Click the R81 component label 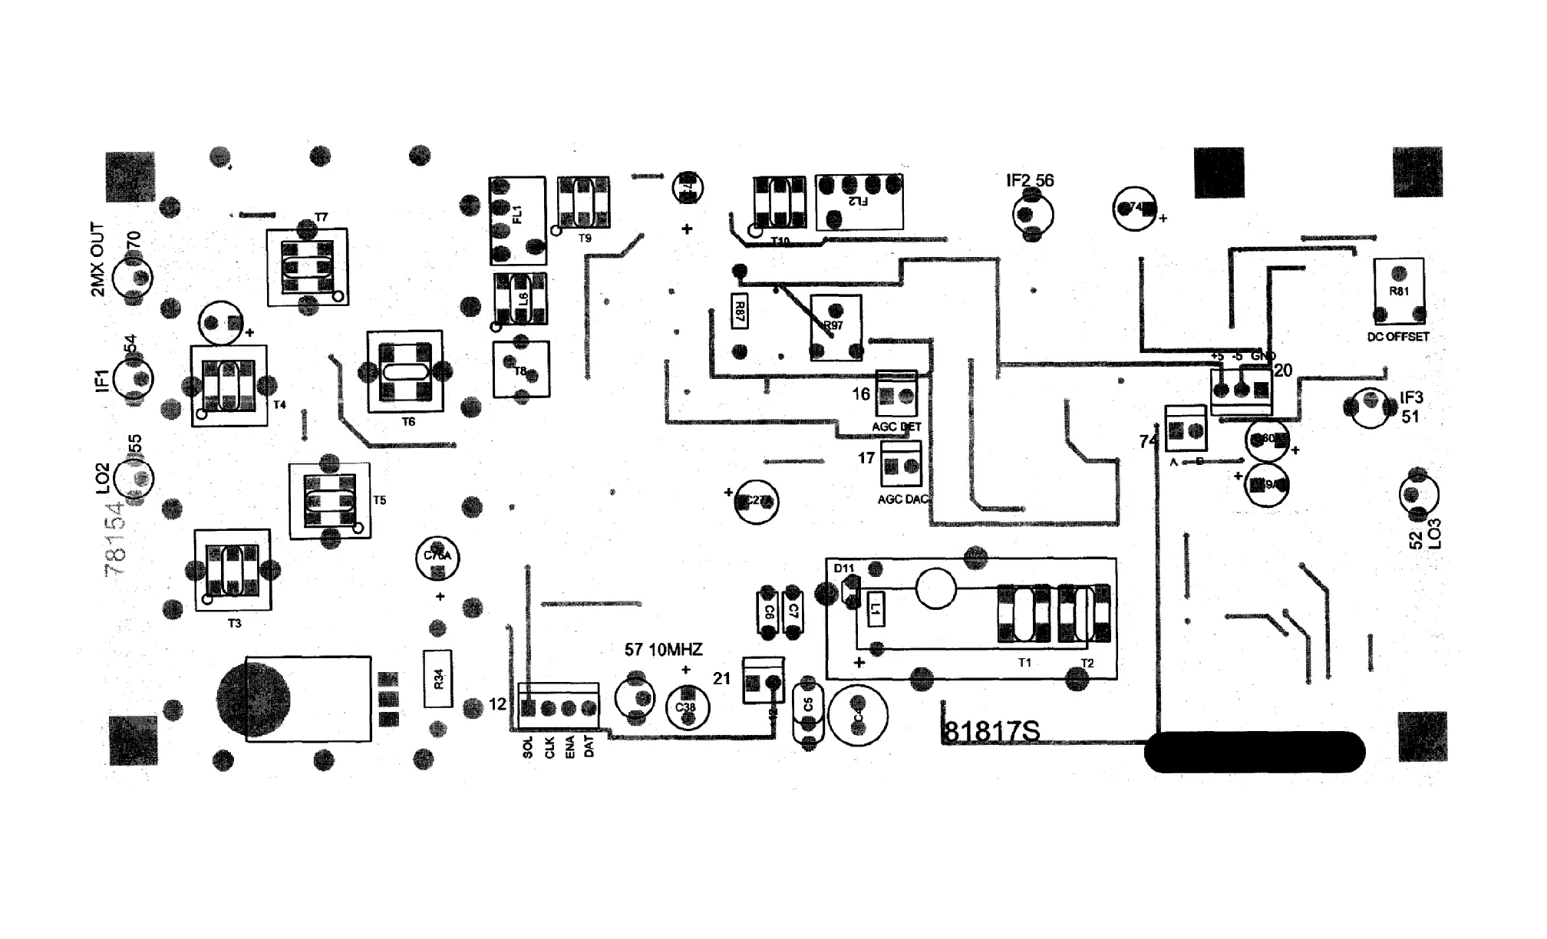click(1398, 292)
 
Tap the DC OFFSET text click(1398, 337)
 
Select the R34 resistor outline click(438, 679)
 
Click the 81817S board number click(991, 732)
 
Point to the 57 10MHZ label click(663, 651)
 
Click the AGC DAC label click(902, 499)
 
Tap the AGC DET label click(896, 427)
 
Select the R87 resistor click(740, 311)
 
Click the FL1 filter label click(517, 214)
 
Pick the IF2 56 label click(1030, 181)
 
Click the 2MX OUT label click(97, 260)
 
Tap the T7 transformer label click(321, 218)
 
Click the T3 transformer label click(234, 624)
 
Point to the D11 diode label click(843, 568)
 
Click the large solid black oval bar click(1255, 752)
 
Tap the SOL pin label click(527, 747)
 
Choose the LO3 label click(1434, 534)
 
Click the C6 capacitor click(768, 611)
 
